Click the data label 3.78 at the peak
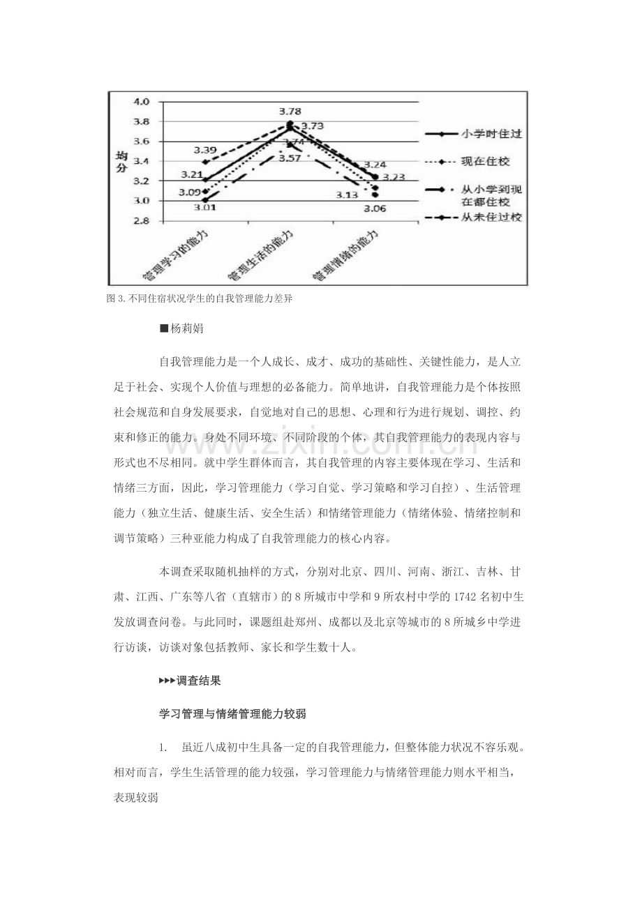[x=290, y=112]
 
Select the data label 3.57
[x=290, y=158]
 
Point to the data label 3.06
[x=374, y=207]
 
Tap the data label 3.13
[x=346, y=195]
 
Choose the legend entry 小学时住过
[x=486, y=133]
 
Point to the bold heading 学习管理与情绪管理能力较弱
[x=234, y=713]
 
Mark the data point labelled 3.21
[x=206, y=180]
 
